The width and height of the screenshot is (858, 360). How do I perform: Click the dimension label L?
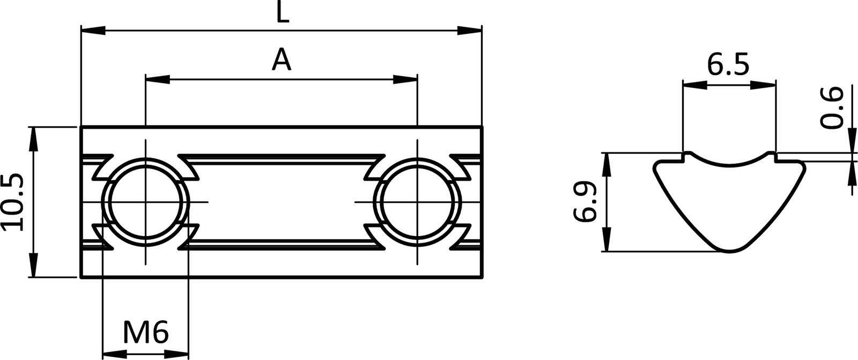click(283, 13)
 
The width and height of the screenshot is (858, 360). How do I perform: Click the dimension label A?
click(281, 60)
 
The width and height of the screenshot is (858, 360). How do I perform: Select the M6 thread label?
click(146, 333)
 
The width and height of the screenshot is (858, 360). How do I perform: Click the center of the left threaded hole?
click(145, 202)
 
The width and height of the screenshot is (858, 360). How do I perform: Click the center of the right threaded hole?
click(417, 202)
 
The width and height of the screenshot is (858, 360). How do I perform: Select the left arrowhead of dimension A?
click(157, 79)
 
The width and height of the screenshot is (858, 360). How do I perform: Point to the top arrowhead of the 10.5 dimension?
click(33, 137)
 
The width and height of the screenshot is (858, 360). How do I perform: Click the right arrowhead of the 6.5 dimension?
click(765, 84)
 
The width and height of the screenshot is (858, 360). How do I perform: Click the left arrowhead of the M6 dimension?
click(113, 354)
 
